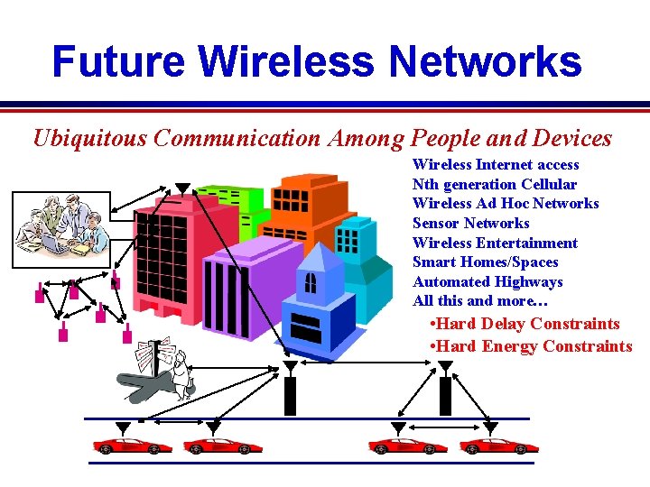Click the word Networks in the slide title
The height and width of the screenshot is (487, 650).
485,61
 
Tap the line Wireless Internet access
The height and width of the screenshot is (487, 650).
496,164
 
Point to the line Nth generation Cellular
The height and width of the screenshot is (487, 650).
494,184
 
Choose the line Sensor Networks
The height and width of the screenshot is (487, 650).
470,223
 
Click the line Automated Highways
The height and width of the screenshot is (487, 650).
487,281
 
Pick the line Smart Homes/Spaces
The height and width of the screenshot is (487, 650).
485,262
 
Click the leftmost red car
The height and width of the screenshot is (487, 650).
120,446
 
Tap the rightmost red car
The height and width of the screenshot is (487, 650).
498,446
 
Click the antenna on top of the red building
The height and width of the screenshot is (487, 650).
182,188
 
